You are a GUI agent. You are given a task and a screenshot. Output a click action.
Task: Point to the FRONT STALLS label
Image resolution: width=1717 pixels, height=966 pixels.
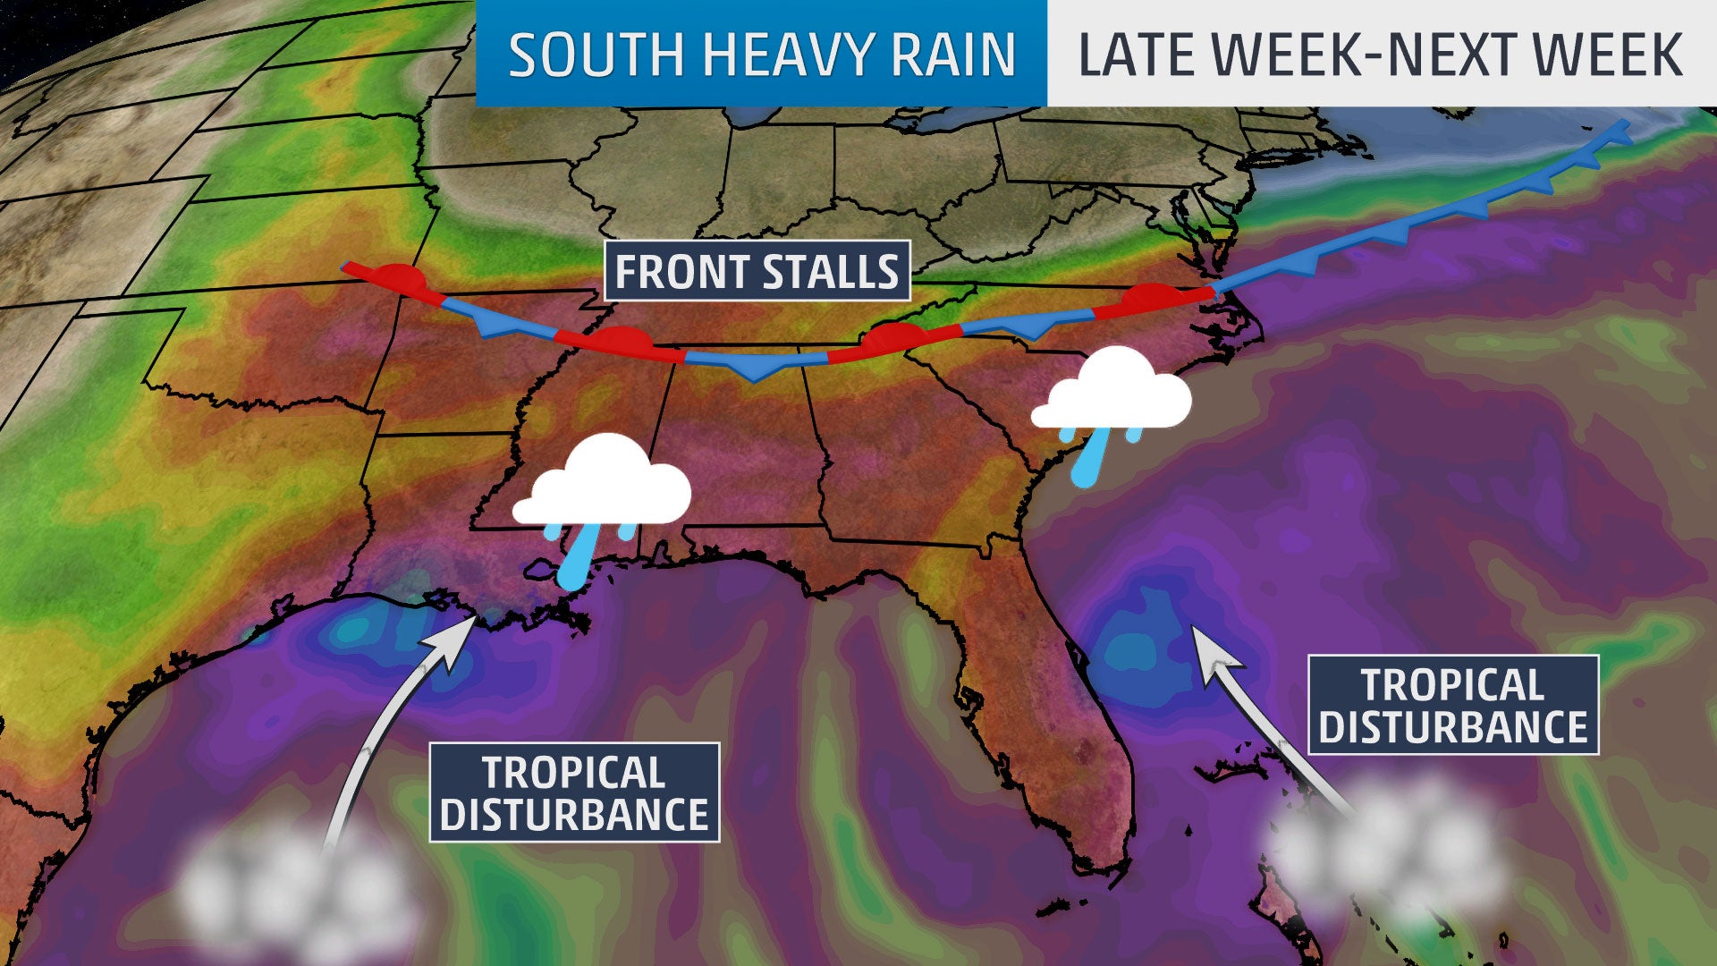[x=757, y=271]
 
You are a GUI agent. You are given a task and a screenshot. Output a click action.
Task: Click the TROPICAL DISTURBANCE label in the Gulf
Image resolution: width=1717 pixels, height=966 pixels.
[x=574, y=792]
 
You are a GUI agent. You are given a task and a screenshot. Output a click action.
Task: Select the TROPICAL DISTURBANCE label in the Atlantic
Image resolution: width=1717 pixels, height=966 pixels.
[x=1452, y=705]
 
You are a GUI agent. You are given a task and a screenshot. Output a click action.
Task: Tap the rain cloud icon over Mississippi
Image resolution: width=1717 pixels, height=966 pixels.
[x=601, y=483]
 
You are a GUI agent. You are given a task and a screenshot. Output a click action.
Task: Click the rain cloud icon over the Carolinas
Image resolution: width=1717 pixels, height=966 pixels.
[x=1111, y=392]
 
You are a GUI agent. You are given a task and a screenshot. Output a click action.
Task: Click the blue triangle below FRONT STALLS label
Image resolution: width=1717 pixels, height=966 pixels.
[x=755, y=368]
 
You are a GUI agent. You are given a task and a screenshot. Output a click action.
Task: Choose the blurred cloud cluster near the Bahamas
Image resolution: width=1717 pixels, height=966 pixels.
[x=1386, y=850]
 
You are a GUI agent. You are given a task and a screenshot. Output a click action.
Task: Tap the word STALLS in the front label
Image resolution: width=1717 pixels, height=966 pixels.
[x=831, y=271]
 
